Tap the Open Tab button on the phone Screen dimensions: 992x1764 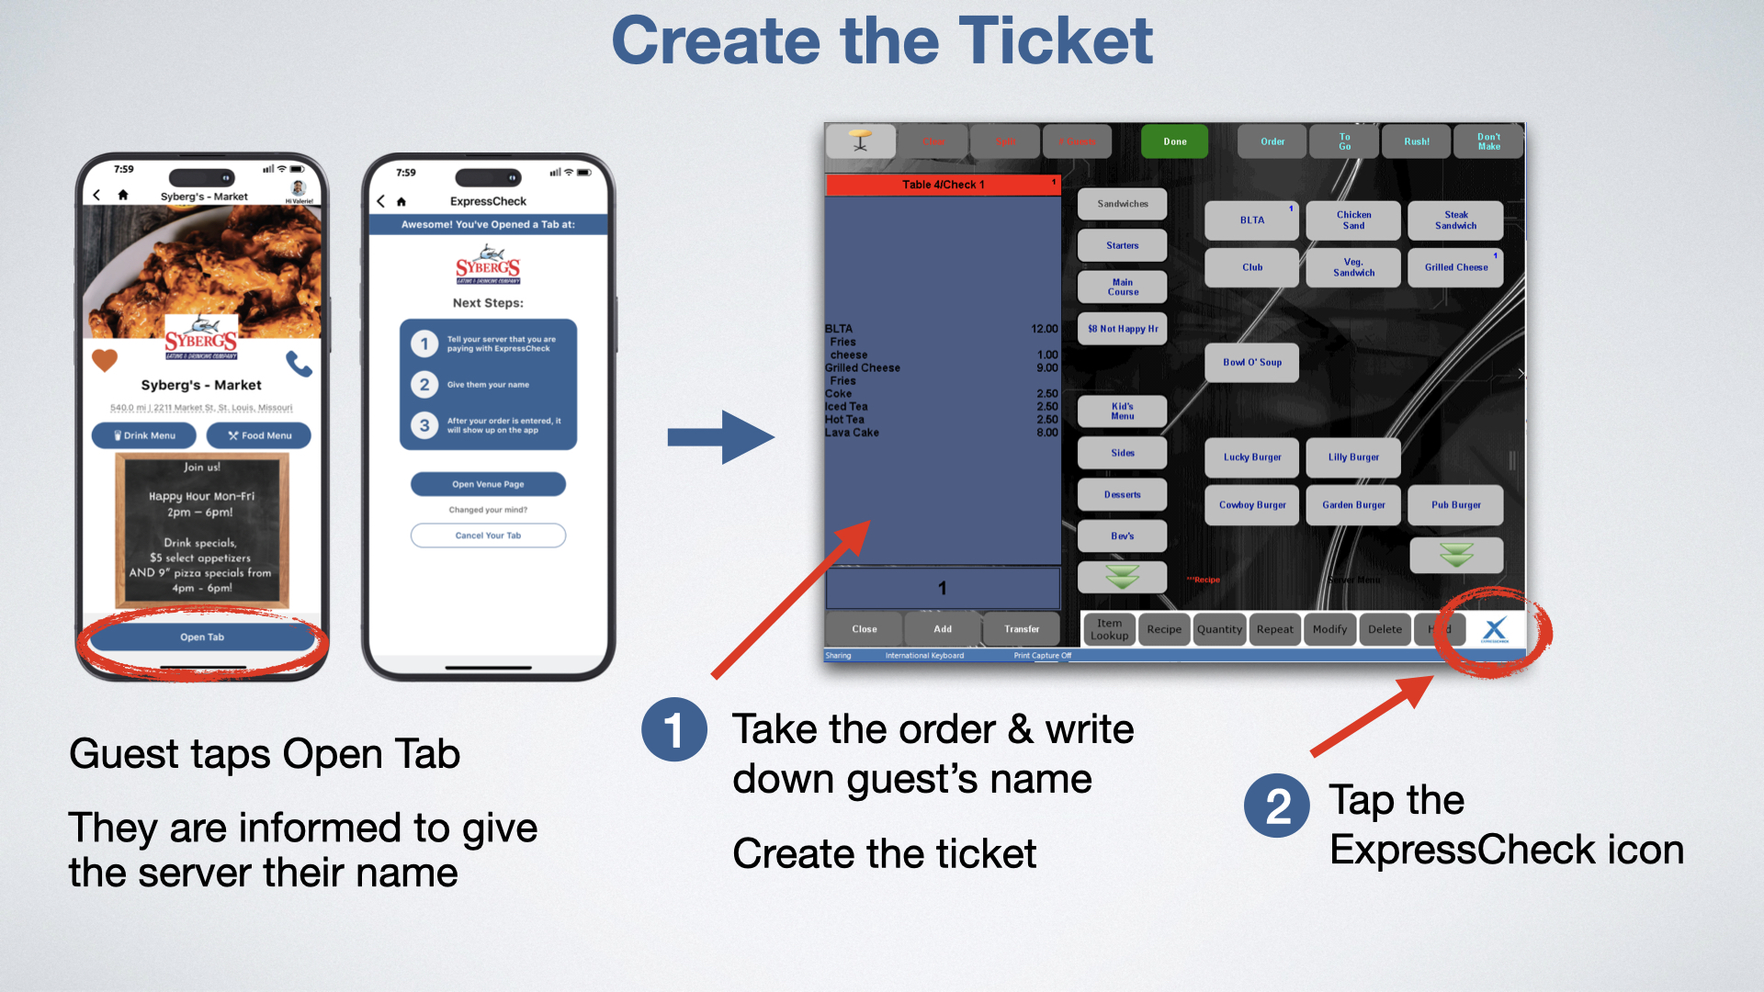pos(202,637)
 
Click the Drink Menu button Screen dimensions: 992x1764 pos(144,435)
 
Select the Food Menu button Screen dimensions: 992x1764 pos(259,435)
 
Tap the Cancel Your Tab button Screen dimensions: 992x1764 pos(488,535)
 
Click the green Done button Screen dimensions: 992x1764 pos(1174,141)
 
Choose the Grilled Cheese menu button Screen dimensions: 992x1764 pos(1455,267)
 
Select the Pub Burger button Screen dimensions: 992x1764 pos(1455,505)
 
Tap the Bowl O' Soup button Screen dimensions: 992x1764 pos(1251,363)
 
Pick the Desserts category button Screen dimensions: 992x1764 pos(1122,494)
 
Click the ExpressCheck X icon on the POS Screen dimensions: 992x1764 pos(1495,629)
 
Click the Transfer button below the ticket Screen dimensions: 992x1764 pos(1022,629)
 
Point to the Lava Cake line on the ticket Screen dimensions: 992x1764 pos(853,433)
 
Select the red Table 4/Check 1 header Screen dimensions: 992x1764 pos(943,185)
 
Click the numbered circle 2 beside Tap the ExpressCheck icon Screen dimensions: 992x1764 pos(1277,806)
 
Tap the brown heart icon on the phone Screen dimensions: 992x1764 pos(105,360)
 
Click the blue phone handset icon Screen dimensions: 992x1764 pos(299,364)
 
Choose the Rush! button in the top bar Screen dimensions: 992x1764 pos(1416,141)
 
